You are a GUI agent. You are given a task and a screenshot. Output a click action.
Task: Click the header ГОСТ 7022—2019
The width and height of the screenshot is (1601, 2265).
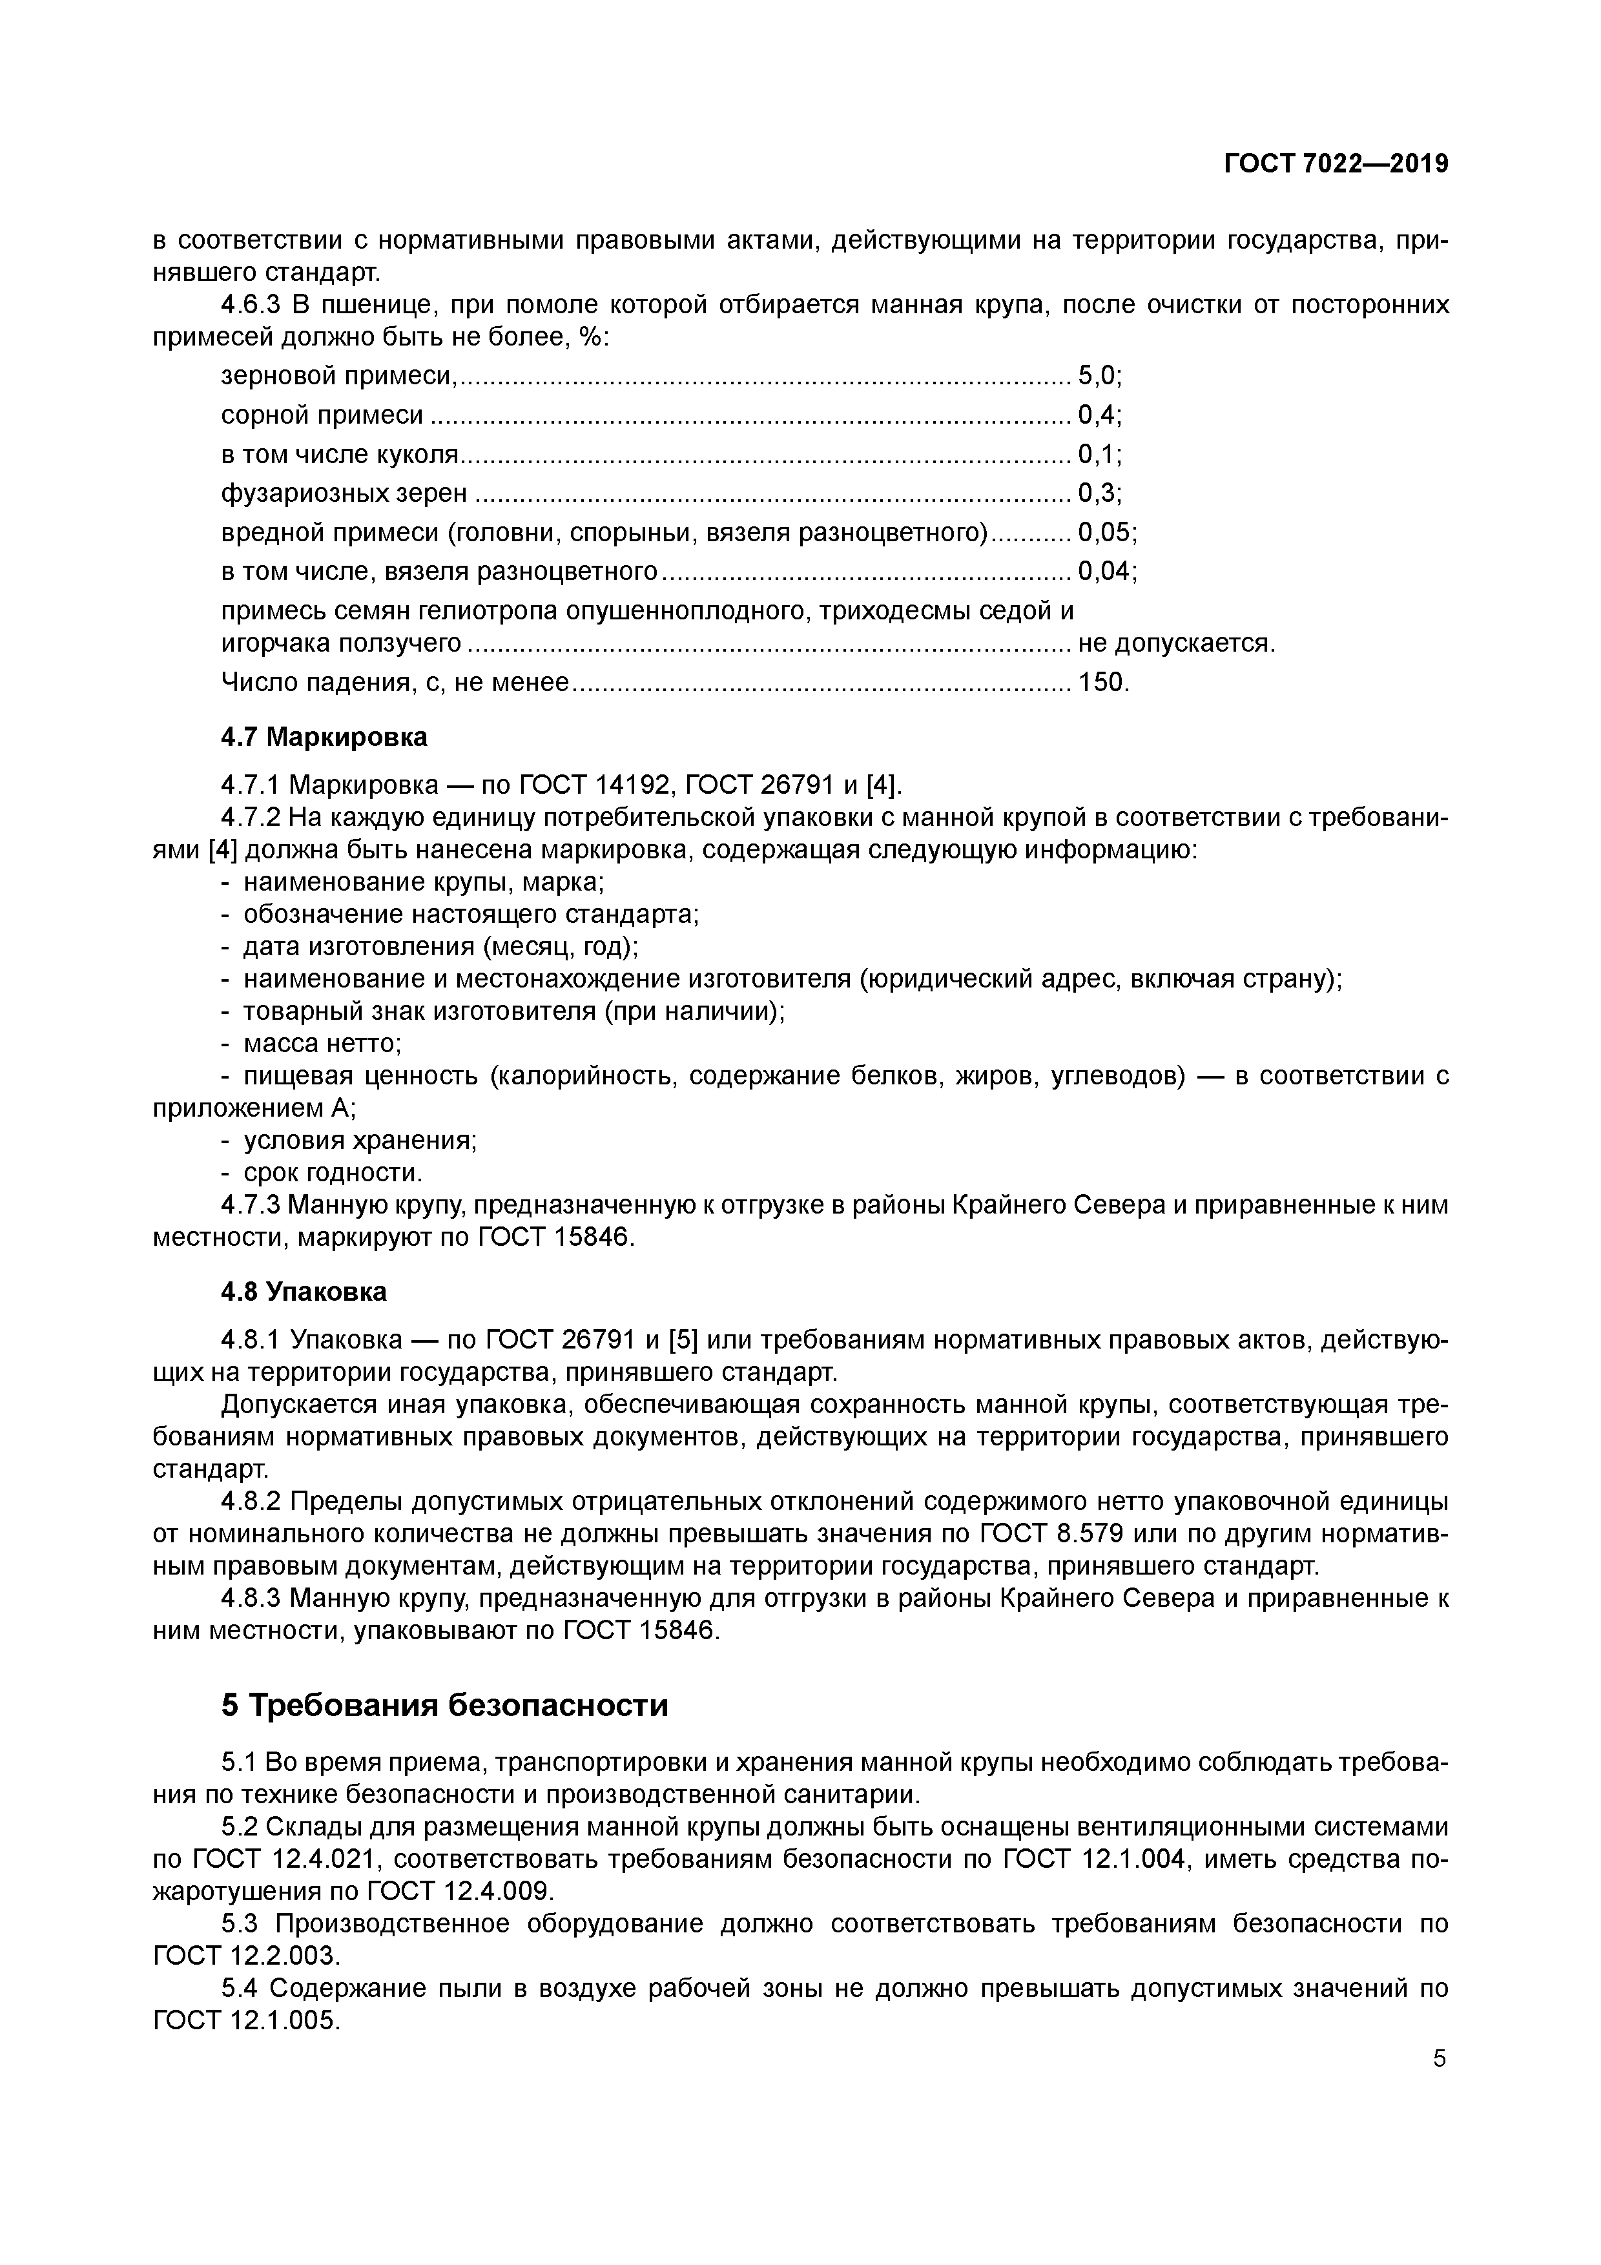(1336, 164)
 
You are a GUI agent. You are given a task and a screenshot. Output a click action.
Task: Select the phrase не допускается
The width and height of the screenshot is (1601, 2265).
(1176, 643)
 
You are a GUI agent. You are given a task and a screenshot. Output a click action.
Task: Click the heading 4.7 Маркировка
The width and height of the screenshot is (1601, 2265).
(324, 737)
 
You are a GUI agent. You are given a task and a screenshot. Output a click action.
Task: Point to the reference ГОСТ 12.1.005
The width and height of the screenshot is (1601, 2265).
(245, 2022)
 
